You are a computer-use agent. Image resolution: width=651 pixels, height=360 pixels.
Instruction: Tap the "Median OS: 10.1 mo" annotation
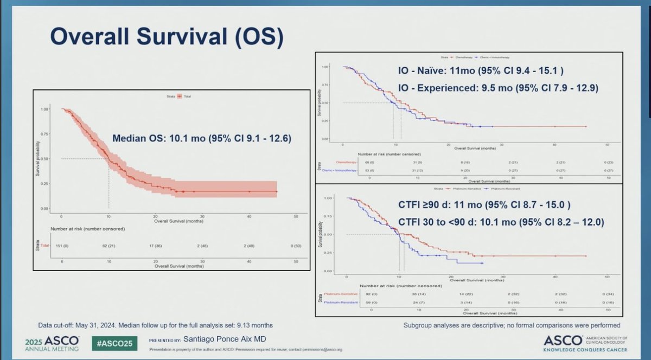point(202,139)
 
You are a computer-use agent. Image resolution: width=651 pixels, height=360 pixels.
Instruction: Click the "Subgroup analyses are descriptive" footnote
point(512,325)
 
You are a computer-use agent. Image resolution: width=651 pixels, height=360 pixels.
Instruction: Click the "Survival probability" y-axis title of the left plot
point(38,158)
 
